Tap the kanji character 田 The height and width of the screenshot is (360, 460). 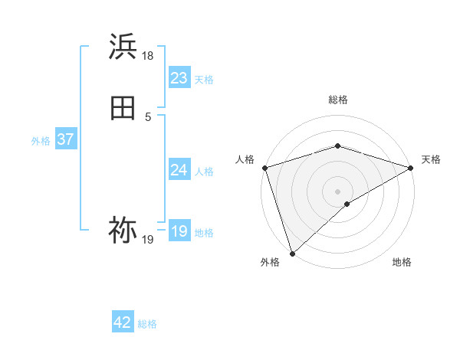(123, 108)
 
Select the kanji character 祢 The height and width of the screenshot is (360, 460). (123, 229)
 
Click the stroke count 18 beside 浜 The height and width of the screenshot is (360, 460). (148, 56)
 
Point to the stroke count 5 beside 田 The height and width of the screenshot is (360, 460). (148, 117)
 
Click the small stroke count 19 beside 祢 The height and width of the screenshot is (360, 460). (148, 240)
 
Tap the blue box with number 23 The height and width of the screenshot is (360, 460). (179, 78)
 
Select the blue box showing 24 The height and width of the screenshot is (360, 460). (179, 170)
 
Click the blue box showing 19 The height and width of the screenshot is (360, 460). (179, 231)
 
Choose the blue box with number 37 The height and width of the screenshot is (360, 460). (65, 139)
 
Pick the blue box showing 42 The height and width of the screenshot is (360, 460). (123, 322)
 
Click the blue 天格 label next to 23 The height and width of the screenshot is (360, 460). (204, 80)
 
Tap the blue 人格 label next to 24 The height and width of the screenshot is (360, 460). (204, 172)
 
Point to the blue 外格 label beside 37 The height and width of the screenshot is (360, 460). (41, 141)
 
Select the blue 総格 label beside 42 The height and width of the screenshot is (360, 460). (148, 324)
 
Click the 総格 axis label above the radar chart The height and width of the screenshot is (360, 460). (337, 100)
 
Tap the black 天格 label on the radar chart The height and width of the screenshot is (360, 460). (431, 159)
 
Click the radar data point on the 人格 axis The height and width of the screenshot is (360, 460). (264, 167)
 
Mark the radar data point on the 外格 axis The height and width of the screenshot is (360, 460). (292, 253)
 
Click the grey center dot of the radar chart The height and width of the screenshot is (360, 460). (337, 191)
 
